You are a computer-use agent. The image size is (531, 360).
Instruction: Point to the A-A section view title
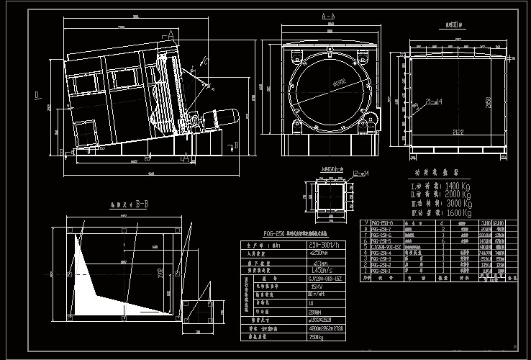tap(327, 15)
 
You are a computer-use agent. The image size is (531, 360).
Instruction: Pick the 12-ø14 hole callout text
tap(361, 172)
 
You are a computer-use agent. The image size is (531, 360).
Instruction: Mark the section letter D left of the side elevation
tap(35, 94)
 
